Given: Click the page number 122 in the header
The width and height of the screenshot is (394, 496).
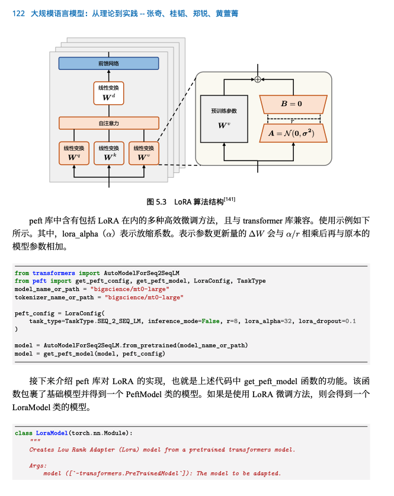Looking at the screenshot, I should (18, 13).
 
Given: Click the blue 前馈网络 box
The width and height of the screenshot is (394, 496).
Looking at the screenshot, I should (108, 63).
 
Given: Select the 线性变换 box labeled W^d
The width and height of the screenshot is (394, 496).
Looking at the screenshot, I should (108, 92).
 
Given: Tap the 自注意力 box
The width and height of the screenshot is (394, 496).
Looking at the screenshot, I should (108, 123).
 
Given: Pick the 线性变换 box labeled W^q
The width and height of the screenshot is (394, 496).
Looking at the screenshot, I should (74, 153).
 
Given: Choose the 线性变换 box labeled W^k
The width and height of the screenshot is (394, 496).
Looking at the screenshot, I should (108, 153).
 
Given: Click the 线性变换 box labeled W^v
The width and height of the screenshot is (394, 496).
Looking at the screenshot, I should (143, 153).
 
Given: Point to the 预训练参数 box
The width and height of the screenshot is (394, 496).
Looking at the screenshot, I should (224, 118).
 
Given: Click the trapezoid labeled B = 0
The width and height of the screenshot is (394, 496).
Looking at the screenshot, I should (293, 104).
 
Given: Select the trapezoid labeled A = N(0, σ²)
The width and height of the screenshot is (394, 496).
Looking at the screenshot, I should (293, 133).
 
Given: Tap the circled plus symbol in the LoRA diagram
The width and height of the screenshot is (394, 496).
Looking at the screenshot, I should (258, 79).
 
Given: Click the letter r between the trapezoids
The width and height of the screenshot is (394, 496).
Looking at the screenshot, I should (292, 121).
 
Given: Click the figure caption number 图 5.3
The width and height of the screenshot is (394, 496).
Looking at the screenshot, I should (157, 201).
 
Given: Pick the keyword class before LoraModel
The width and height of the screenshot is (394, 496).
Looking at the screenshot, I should (24, 433).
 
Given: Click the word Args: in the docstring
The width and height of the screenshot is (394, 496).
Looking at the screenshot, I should (37, 465).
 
